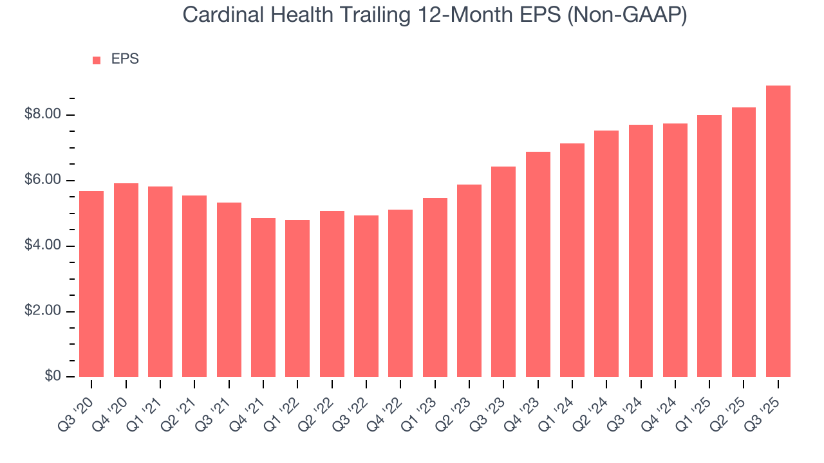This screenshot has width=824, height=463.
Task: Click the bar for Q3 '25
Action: tap(778, 232)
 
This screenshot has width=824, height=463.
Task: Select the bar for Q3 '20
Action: tap(91, 284)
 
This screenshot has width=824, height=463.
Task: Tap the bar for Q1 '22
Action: tap(297, 298)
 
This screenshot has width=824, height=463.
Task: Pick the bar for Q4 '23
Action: tap(538, 264)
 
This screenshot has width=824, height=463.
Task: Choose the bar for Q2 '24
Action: tap(606, 254)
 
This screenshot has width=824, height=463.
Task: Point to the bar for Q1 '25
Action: tap(709, 246)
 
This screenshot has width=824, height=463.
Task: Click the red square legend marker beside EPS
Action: tap(97, 60)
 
